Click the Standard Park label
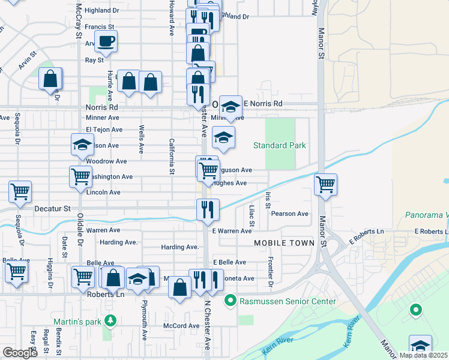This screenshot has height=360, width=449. coord(279,145)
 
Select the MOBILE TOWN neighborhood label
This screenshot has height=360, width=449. coord(284,243)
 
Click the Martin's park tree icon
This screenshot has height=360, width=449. coord(110,320)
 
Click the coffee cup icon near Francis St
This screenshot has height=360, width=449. coord(106,41)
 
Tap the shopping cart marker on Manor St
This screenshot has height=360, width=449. coord(325,185)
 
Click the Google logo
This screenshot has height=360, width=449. coord(20,353)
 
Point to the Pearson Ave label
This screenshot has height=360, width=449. coord(289,214)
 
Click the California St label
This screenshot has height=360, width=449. coord(171,157)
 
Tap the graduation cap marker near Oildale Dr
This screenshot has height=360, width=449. coord(82,144)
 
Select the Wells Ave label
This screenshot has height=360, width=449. coord(141,139)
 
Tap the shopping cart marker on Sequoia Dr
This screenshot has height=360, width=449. coord(20,192)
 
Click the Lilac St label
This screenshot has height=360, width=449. coord(252,217)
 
